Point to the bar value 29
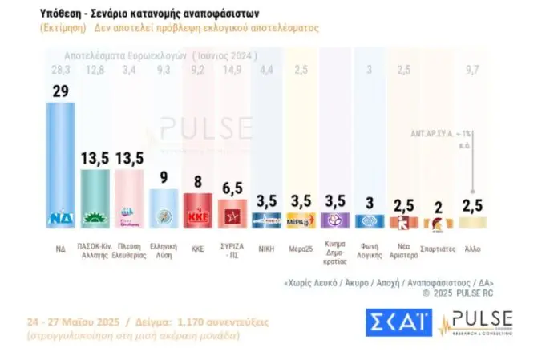(x=60, y=91)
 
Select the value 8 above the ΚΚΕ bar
(x=199, y=181)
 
